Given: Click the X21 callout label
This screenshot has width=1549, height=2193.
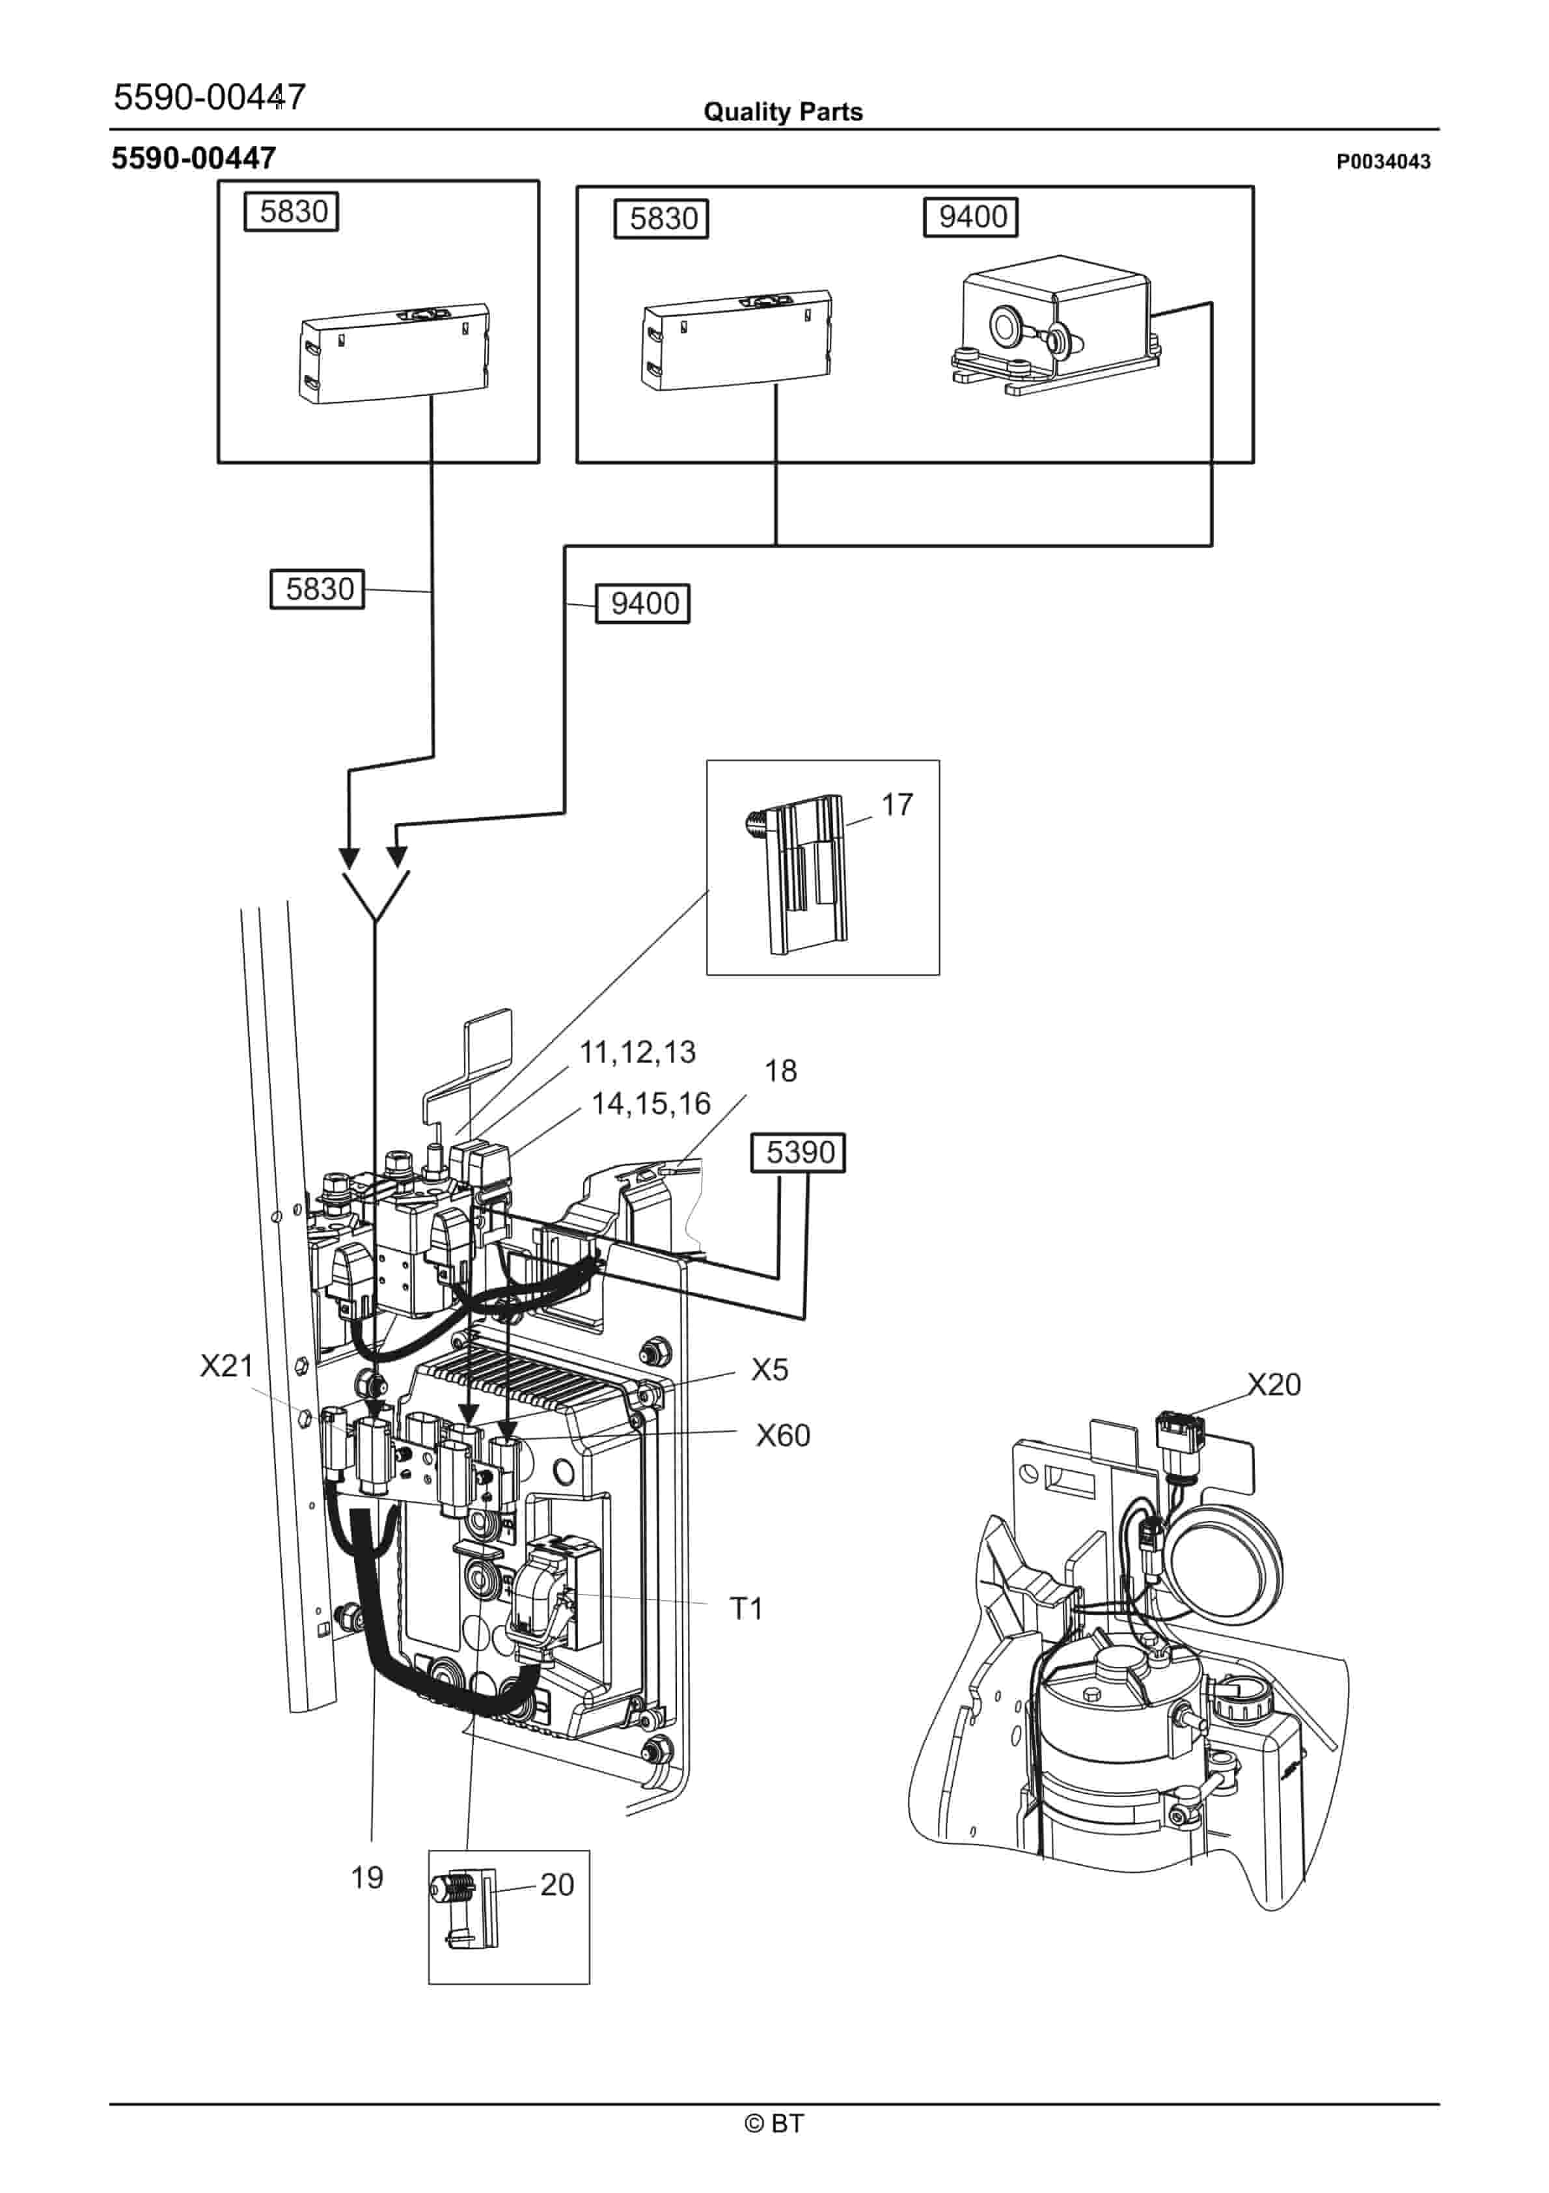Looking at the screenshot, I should coord(226,1366).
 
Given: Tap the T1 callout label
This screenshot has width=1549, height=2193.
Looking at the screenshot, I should coord(746,1610).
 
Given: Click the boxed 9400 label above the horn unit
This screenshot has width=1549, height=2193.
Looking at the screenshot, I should coord(970,217).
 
